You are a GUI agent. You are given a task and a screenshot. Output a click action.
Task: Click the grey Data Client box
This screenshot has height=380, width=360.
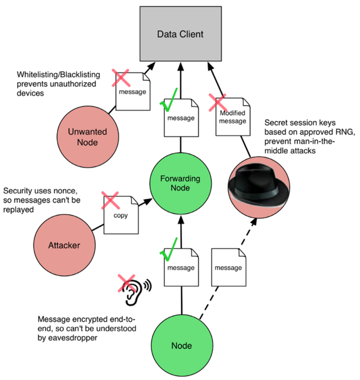click(180, 34)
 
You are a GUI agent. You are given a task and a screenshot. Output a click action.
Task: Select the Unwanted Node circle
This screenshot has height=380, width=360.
click(88, 137)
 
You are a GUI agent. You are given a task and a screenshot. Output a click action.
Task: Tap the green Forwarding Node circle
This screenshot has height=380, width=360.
click(180, 184)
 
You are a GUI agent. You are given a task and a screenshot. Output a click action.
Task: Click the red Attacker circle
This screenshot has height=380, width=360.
click(64, 245)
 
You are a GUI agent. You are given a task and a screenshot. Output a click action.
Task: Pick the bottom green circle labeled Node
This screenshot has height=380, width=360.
click(182, 345)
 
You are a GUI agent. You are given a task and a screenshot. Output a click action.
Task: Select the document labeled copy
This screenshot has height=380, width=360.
click(121, 215)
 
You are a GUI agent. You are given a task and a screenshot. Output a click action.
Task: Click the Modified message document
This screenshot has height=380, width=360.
click(233, 117)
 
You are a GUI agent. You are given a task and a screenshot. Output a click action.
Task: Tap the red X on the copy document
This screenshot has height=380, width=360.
click(110, 200)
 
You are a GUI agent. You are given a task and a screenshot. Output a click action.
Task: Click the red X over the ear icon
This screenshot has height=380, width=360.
click(126, 283)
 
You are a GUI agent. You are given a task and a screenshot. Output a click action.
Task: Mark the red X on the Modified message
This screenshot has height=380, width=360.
click(218, 103)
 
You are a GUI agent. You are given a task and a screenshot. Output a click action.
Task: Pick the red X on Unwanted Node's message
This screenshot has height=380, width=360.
click(121, 78)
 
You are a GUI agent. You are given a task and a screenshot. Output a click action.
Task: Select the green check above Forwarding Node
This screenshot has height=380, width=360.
click(169, 100)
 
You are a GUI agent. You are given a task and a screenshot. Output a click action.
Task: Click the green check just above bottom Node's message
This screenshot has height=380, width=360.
click(169, 249)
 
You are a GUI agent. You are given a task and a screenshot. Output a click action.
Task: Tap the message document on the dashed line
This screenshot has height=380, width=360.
click(229, 267)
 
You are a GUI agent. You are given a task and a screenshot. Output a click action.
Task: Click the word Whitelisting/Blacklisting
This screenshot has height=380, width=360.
click(58, 74)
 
